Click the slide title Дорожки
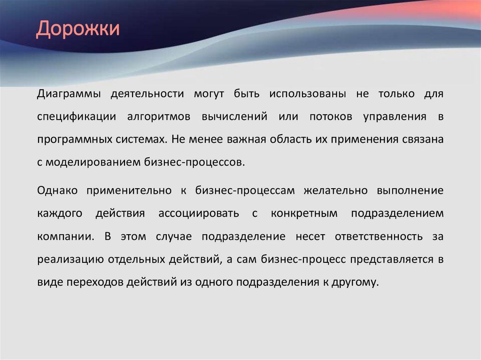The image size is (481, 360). pos(78,29)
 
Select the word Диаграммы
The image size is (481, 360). pos(69,94)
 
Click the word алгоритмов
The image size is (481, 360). pos(158,117)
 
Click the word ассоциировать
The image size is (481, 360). pos(192,214)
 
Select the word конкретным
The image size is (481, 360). pos(304,214)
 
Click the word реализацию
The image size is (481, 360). pos(71,259)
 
